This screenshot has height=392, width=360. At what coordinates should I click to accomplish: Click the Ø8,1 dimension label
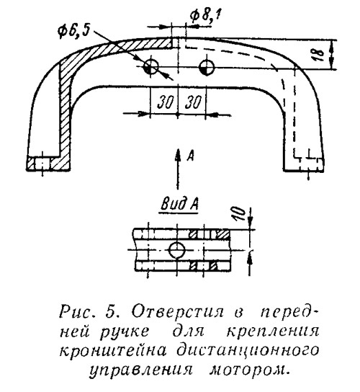point(205,16)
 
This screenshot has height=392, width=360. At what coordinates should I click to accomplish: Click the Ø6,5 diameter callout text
point(74,31)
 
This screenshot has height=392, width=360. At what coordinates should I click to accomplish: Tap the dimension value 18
point(317,55)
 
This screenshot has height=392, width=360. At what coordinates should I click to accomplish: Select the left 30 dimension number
point(165,102)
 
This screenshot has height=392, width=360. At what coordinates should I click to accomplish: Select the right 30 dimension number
point(193,102)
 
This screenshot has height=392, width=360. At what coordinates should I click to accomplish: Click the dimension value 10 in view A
point(240,214)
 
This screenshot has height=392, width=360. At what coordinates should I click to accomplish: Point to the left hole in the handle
point(151,67)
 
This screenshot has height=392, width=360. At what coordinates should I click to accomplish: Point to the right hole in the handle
point(207,67)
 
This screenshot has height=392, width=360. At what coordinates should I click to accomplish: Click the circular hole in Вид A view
point(177,250)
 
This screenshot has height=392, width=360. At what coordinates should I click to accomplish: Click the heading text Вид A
point(179,204)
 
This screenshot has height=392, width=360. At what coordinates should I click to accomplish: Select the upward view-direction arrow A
point(178,169)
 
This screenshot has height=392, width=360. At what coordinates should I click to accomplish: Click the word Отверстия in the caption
point(178,312)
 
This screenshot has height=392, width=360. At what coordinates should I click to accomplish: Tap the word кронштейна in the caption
point(113,350)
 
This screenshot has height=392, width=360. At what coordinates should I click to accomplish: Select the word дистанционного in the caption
point(248,352)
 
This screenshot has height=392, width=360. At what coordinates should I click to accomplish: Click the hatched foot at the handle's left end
point(48,164)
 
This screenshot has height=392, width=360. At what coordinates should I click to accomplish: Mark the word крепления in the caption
point(274,332)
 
